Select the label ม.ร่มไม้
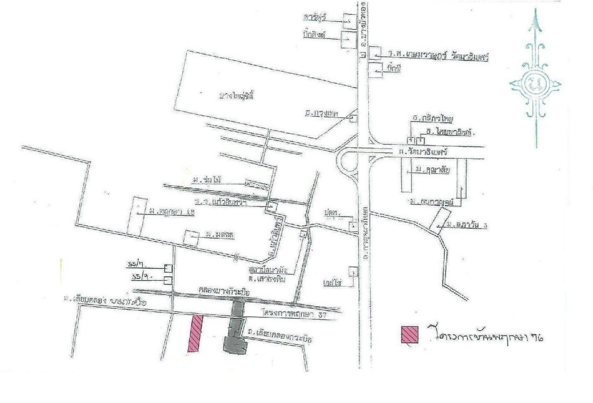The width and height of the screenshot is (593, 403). pos(208,180)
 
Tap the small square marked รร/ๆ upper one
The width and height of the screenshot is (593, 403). pos(168,268)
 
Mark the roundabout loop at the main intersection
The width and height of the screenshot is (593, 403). pos(347,163)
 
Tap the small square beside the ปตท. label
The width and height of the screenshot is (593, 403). pos(353,226)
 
